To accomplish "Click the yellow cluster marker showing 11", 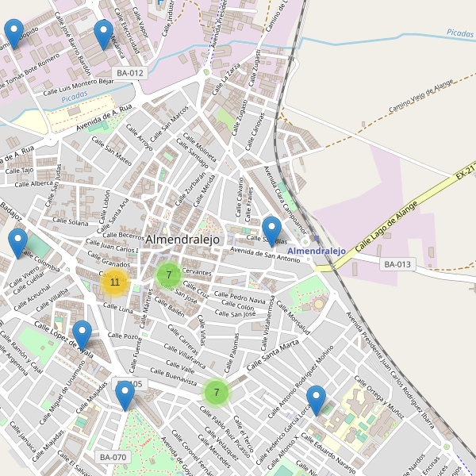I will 115,282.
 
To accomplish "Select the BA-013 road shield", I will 398,264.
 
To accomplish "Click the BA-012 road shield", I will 130,73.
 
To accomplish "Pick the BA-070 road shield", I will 113,457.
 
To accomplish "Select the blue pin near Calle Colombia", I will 17,244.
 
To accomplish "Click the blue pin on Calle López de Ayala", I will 82,335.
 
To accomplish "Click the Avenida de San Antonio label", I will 265,255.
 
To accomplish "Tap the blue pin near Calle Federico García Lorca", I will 317,399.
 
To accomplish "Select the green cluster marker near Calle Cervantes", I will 168,275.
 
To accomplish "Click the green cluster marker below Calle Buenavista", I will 216,392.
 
